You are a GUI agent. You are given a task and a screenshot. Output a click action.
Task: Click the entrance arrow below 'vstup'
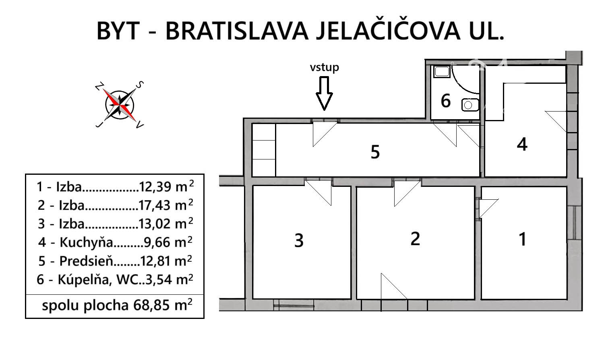click(x=324, y=93)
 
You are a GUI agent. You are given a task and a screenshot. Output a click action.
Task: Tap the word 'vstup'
click(x=324, y=67)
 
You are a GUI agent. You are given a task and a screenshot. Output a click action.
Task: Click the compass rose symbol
click(x=120, y=105)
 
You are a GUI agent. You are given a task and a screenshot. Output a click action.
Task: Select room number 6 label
click(x=445, y=101)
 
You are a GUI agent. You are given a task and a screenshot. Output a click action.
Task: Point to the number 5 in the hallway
click(x=375, y=152)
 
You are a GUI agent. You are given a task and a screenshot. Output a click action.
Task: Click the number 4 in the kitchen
click(x=522, y=144)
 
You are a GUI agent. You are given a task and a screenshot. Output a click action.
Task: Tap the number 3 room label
click(x=299, y=240)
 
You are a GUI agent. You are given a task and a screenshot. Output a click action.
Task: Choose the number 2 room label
click(x=415, y=239)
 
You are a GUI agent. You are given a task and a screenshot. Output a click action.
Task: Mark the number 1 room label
click(x=522, y=239)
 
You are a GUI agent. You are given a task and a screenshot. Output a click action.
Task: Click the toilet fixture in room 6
click(x=470, y=105)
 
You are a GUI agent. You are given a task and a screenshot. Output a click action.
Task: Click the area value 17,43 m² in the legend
click(x=166, y=205)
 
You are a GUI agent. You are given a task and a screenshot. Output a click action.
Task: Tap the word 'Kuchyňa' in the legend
click(x=86, y=242)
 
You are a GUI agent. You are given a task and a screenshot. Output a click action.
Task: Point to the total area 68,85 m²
click(x=163, y=305)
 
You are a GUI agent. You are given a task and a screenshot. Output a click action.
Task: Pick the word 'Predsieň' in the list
click(x=86, y=261)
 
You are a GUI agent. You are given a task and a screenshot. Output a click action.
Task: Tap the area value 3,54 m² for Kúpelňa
click(x=170, y=279)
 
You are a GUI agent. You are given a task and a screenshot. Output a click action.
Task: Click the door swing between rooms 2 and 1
click(x=488, y=208)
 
